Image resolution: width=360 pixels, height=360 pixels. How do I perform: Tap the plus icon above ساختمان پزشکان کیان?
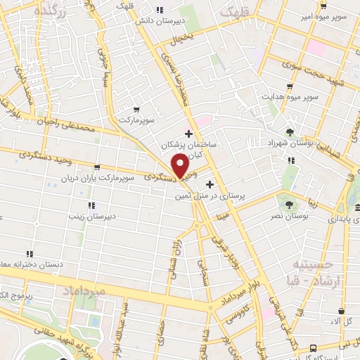click(x=188, y=133)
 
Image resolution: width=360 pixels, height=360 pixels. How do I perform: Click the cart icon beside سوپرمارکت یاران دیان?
click(x=96, y=167)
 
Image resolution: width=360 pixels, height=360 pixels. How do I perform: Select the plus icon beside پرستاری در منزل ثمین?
click(x=210, y=184)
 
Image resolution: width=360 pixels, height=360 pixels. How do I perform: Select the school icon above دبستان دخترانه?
click(x=30, y=253)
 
